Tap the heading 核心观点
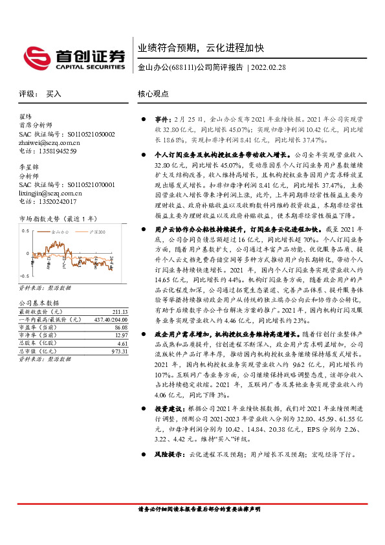(x=153, y=93)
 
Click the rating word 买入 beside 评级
(x=54, y=93)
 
